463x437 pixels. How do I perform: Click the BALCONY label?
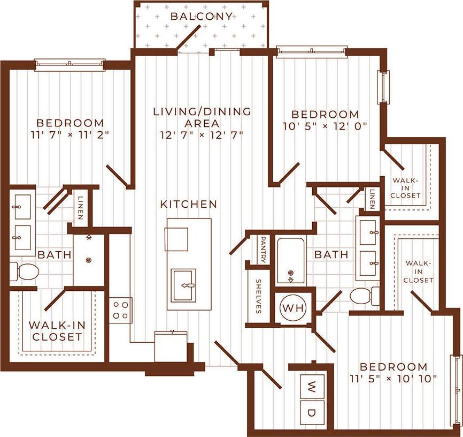(202, 16)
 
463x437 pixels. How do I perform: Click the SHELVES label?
(258, 296)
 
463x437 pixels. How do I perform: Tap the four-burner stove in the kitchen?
(121, 310)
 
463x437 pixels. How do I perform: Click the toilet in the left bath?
(25, 272)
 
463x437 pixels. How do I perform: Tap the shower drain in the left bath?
(89, 260)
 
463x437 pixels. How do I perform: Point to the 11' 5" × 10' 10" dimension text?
(393, 379)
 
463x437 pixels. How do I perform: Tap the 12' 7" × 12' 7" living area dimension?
(202, 134)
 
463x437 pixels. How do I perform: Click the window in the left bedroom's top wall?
(70, 65)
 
